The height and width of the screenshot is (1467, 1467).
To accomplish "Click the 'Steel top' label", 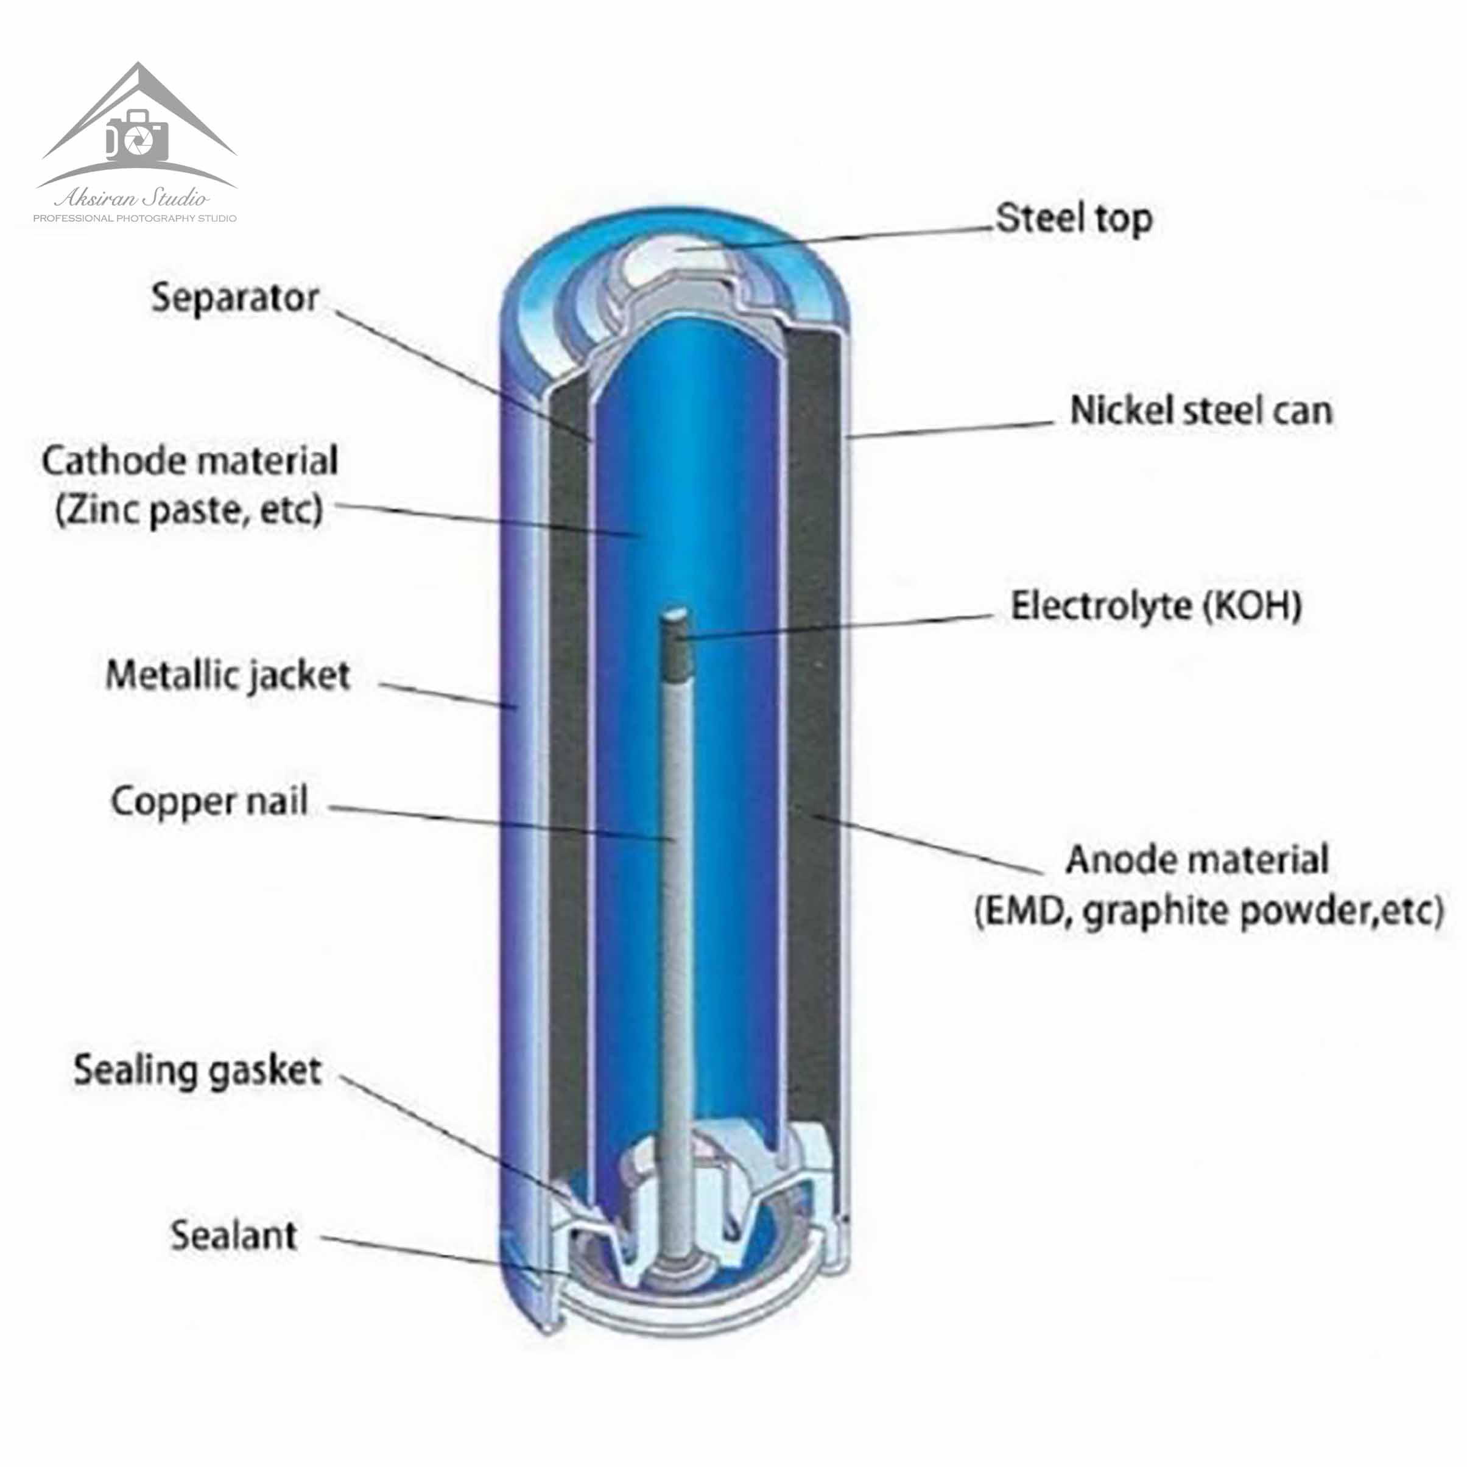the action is tap(1074, 219).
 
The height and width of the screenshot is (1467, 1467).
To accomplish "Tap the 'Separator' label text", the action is tap(234, 298).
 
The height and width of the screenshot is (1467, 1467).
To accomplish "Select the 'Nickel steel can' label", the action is tap(1200, 411).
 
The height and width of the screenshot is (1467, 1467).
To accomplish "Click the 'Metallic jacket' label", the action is tap(228, 675).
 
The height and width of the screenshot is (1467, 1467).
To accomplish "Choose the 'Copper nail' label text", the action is tap(209, 801).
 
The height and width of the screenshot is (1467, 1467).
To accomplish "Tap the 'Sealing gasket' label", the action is tap(197, 1071).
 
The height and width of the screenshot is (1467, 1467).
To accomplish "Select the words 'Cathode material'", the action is tap(190, 461).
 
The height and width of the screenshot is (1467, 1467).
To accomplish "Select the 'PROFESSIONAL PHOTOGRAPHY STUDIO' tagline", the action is tap(135, 219).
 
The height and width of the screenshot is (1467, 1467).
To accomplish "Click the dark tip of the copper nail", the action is tap(674, 646).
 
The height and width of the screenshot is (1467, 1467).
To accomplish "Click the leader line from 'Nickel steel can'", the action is tap(951, 430).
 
